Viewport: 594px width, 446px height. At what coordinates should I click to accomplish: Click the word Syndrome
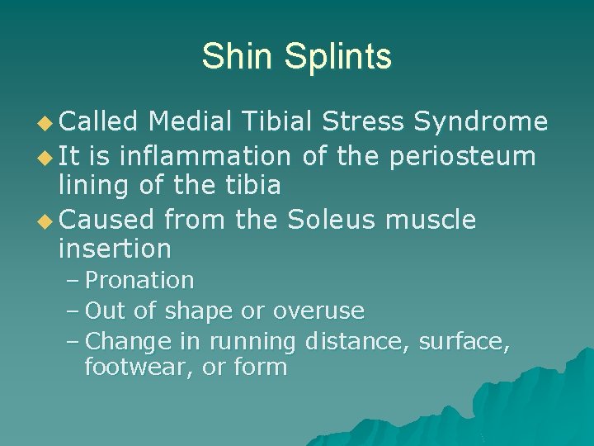coord(480,122)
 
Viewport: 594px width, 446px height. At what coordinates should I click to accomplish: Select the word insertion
coord(115,249)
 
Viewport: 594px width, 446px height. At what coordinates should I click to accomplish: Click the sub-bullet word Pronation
coord(139,281)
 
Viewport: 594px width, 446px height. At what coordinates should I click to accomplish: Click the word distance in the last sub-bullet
coord(357,340)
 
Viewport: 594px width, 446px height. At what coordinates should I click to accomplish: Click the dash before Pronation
coord(72,281)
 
